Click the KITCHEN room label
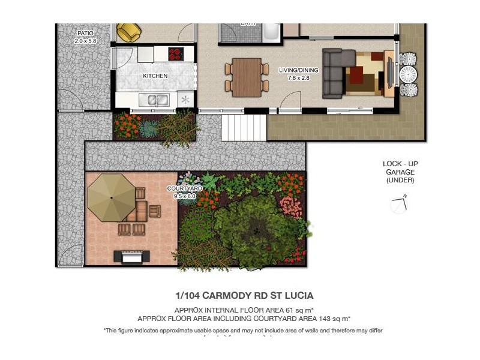[155, 76]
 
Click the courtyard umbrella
[112, 197]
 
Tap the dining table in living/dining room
[247, 77]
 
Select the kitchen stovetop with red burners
[175, 54]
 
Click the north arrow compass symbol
[399, 204]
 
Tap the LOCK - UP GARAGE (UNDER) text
[400, 172]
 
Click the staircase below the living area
[244, 127]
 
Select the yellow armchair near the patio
[128, 32]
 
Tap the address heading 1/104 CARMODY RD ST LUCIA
[244, 295]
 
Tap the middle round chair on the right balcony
[408, 74]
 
